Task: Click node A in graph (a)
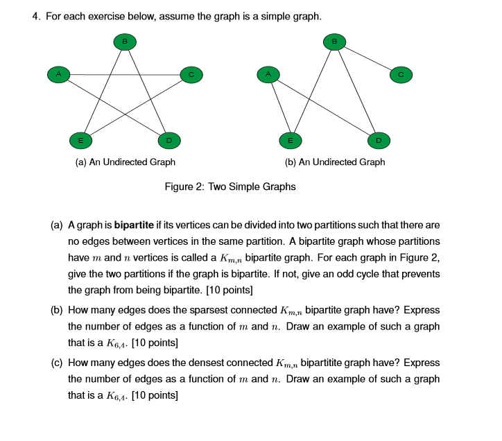[x=59, y=73]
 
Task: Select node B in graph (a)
[x=125, y=42]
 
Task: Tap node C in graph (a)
[x=191, y=73]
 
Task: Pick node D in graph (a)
[x=168, y=140]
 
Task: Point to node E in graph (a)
[x=81, y=140]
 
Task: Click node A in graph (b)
[x=268, y=73]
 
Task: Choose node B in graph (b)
[x=335, y=42]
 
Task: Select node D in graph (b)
[x=378, y=140]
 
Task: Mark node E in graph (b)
[x=291, y=140]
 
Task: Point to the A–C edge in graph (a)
[x=125, y=74]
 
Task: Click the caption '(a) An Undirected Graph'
[x=125, y=162]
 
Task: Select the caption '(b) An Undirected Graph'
[x=335, y=162]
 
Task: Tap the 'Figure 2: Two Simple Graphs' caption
[x=230, y=187]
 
